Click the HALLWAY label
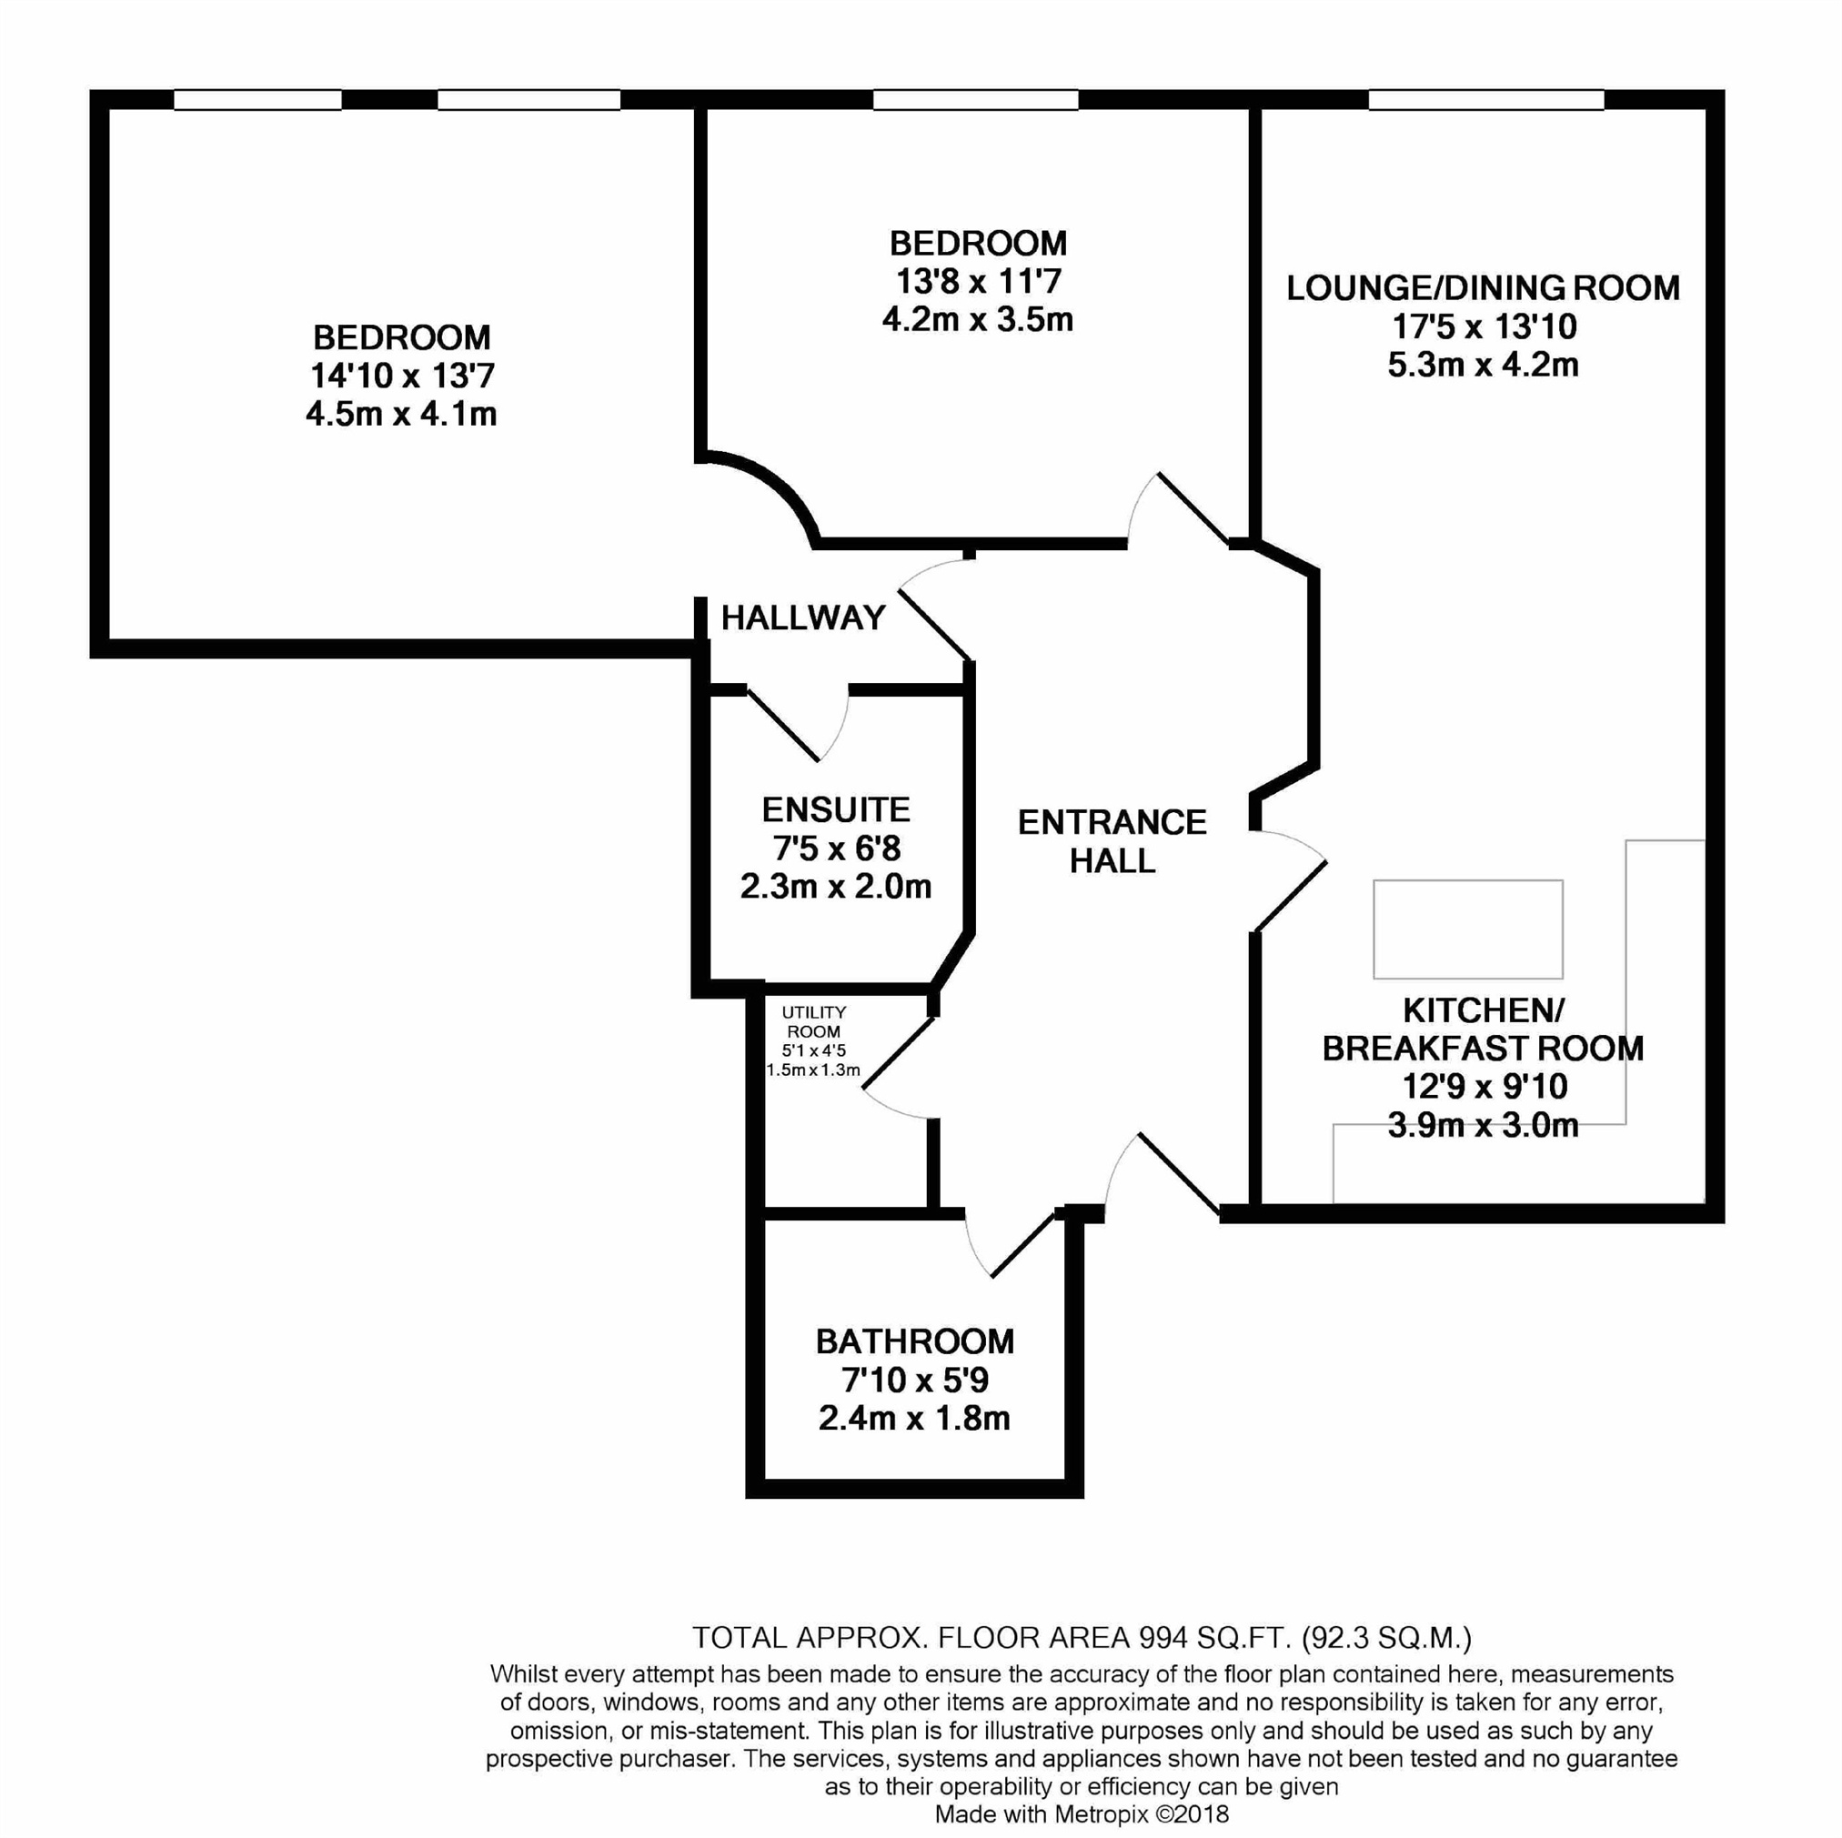803,618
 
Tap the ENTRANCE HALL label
1112,841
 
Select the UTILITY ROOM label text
813,1021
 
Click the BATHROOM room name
914,1341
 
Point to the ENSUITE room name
836,809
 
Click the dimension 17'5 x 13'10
1485,327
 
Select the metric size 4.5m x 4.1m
401,414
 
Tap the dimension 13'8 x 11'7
978,281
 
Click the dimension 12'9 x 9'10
1485,1086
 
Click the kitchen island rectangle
1467,929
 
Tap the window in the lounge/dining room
1486,99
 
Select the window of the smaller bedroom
975,99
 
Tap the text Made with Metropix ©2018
1082,1814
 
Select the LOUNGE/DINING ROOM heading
1484,288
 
